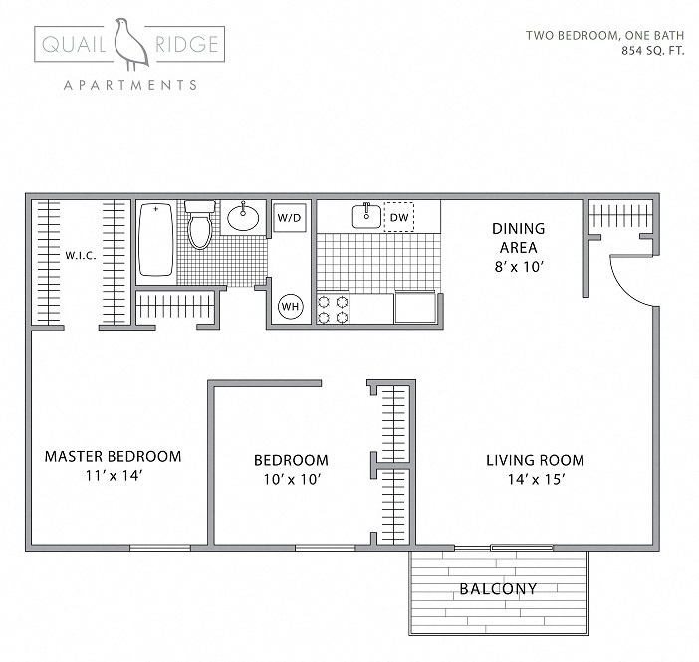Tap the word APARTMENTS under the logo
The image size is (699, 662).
click(x=129, y=86)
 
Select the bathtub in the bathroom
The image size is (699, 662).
click(x=154, y=239)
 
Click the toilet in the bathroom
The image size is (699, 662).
click(x=200, y=225)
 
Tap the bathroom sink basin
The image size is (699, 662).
click(x=243, y=215)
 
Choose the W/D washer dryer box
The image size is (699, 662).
click(x=289, y=216)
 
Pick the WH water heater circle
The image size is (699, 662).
click(x=290, y=306)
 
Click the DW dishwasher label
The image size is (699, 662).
click(x=398, y=216)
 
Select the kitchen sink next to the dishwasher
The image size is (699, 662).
click(x=365, y=215)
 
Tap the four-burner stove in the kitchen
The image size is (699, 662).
click(x=333, y=307)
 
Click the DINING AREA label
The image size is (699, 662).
click(x=518, y=238)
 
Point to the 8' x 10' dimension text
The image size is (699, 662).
click(x=518, y=266)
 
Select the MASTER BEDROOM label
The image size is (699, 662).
click(x=113, y=457)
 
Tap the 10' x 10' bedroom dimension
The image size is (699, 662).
click(x=290, y=479)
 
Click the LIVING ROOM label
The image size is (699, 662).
click(x=535, y=460)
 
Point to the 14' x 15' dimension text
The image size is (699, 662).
click(x=535, y=479)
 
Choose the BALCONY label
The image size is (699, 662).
click(x=498, y=589)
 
